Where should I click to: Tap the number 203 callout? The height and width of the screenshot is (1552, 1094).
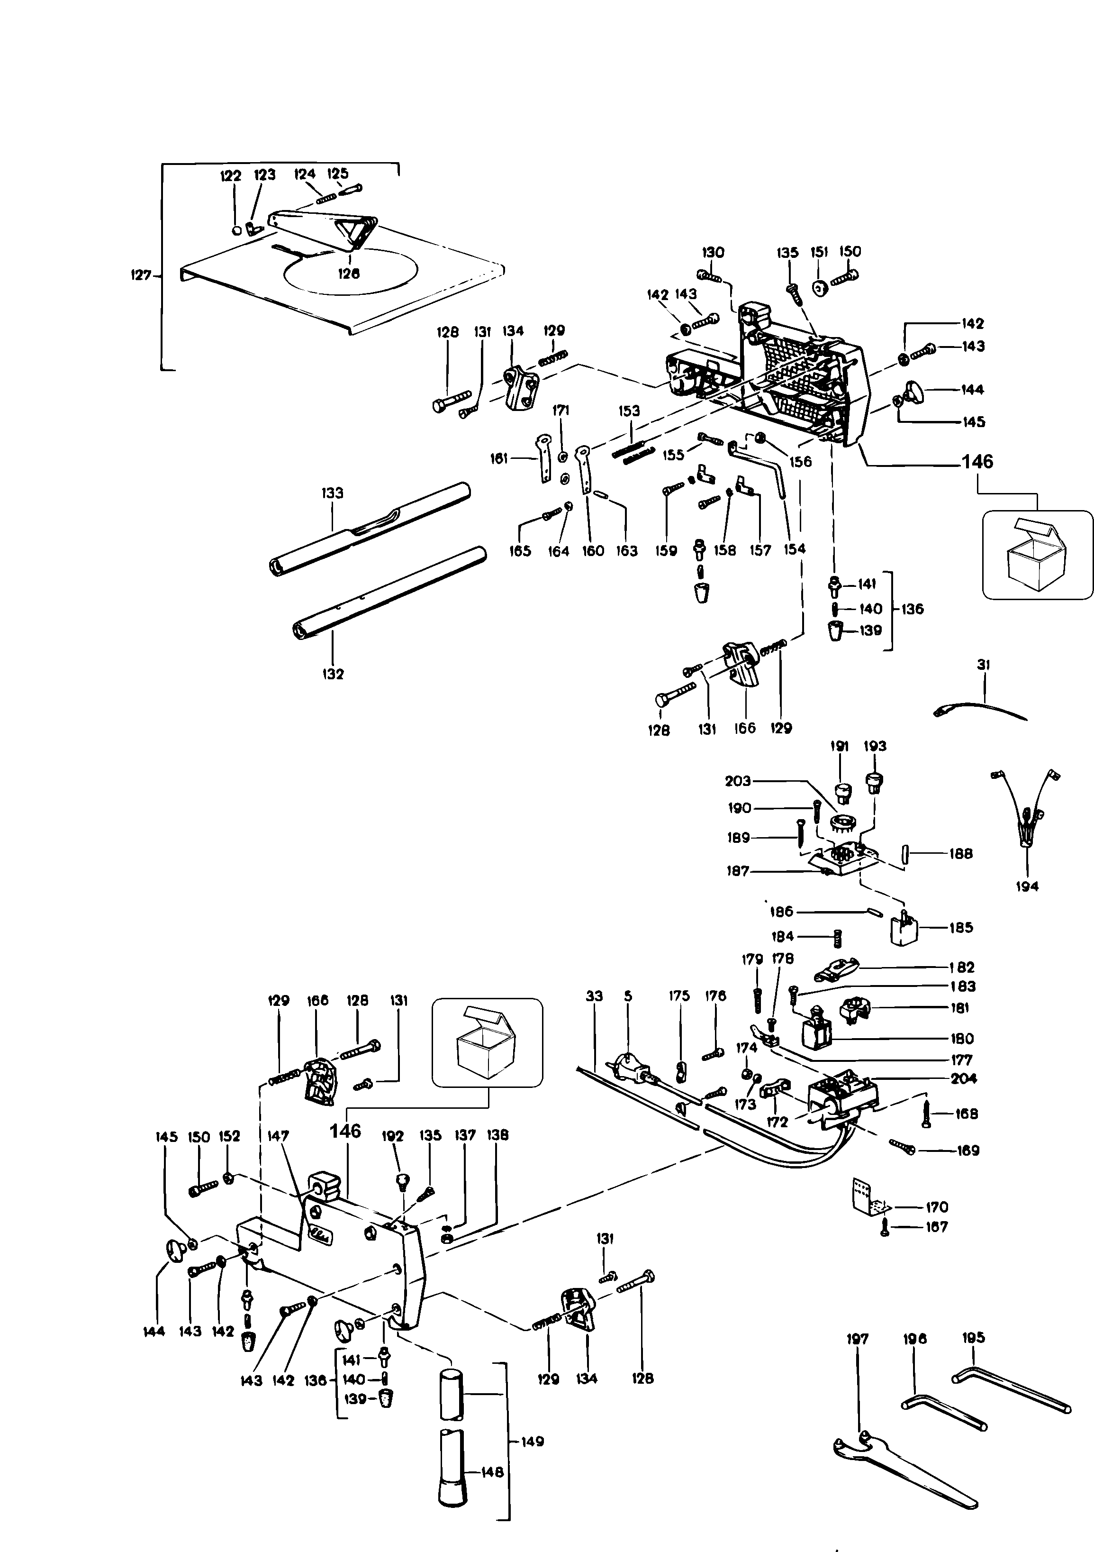click(x=738, y=781)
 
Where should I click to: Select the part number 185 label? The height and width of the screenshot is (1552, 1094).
click(x=961, y=927)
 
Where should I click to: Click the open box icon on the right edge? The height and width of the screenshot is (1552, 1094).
click(x=1037, y=555)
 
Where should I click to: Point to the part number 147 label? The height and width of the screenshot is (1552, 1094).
click(x=279, y=1136)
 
